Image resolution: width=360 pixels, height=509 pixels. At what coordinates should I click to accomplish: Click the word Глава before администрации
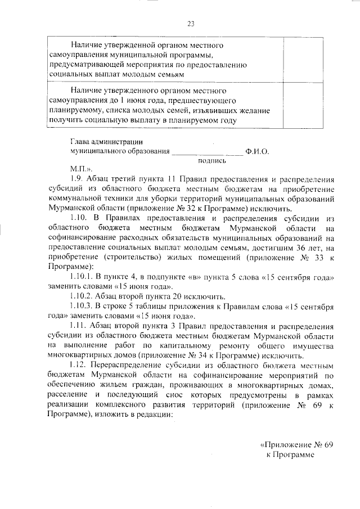point(79,142)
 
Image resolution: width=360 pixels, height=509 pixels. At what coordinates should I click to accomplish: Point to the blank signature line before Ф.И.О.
point(206,152)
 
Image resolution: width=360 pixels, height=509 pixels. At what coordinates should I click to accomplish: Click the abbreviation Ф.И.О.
point(258,151)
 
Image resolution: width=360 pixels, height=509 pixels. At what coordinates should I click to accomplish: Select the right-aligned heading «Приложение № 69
point(296,444)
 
